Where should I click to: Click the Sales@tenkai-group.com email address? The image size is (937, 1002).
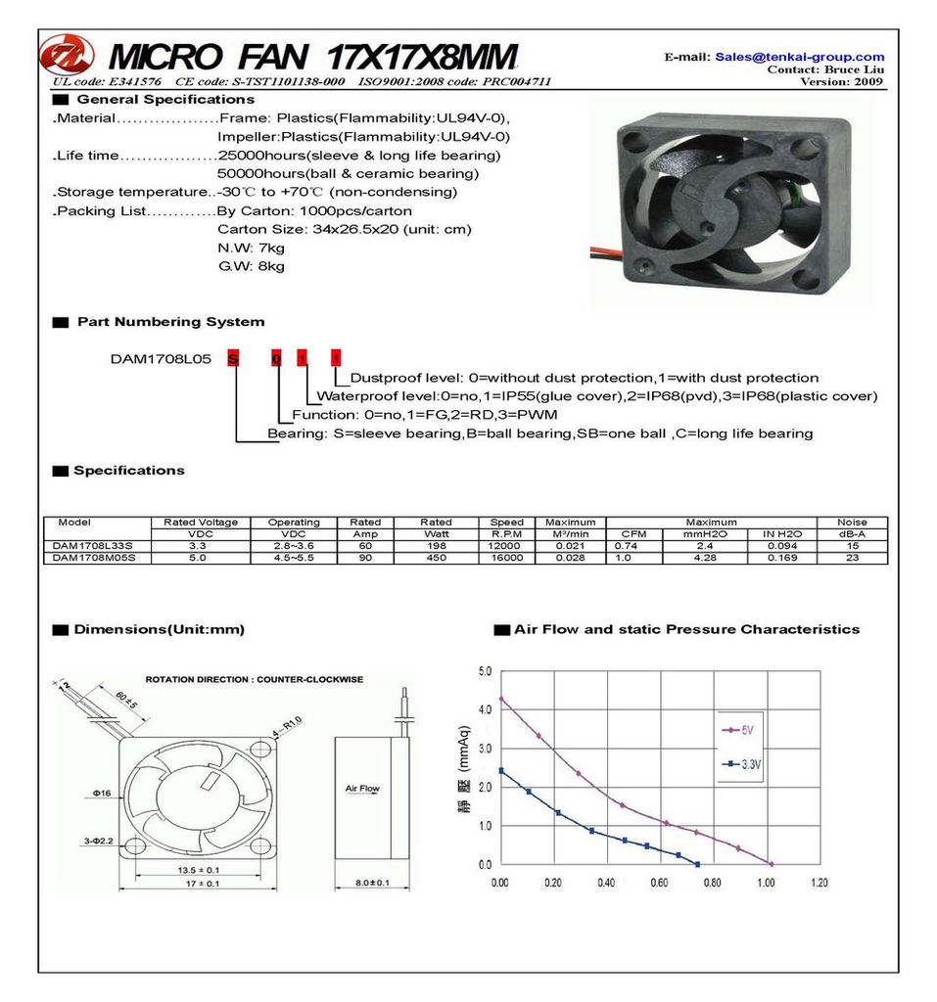coord(799,57)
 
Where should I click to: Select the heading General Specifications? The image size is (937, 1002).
coord(164,100)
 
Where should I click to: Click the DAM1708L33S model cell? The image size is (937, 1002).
coord(93,545)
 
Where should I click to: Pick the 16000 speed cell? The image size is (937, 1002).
coord(506,558)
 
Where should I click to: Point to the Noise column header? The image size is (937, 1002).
coord(852,523)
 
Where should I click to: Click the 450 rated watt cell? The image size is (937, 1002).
coord(436,558)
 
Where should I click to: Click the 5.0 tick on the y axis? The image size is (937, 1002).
coord(485,671)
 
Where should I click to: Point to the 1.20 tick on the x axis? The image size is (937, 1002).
coord(819,883)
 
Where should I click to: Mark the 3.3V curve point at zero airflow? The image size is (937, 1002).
coord(501,771)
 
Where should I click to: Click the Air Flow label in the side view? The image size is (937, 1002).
coord(362,788)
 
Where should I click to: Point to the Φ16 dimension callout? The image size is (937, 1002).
coord(103,793)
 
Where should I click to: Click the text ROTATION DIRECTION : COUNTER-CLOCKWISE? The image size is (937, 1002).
coord(254,679)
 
